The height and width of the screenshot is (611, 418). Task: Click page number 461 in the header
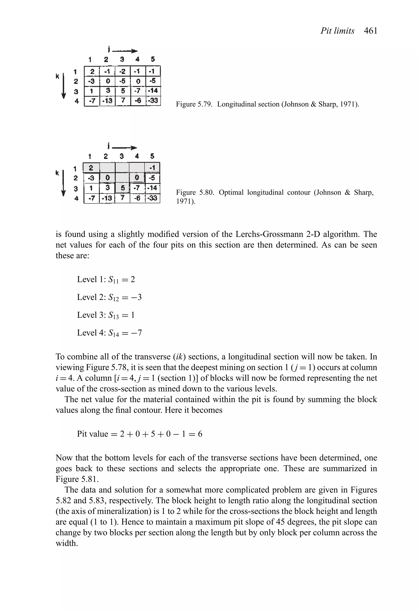pyautogui.click(x=370, y=31)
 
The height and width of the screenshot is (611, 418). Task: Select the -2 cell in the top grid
pyautogui.click(x=122, y=71)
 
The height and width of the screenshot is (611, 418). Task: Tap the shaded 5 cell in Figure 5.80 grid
pyautogui.click(x=122, y=188)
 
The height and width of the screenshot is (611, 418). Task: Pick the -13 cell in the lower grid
pyautogui.click(x=107, y=198)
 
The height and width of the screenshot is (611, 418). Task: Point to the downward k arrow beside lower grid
pyautogui.click(x=63, y=183)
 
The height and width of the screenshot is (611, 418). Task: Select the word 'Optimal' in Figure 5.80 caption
pyautogui.click(x=231, y=193)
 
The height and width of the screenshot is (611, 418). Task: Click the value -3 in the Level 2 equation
pyautogui.click(x=136, y=297)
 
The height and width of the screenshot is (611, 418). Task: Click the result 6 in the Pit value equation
pyautogui.click(x=200, y=434)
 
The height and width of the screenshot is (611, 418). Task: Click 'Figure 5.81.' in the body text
pyautogui.click(x=77, y=479)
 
